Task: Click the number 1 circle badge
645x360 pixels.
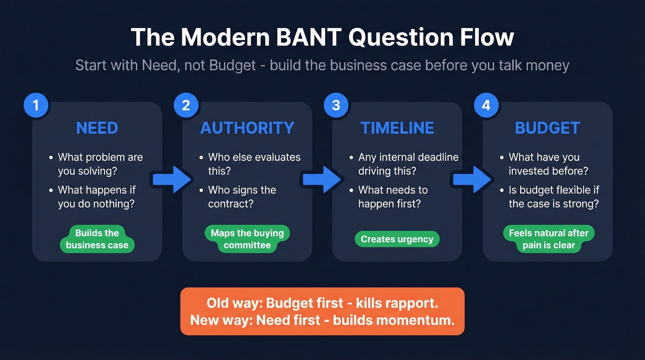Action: pos(36,106)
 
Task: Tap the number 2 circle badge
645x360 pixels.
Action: pos(186,106)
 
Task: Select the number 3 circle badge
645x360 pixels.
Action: pos(336,106)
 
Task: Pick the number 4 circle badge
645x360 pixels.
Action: pos(487,106)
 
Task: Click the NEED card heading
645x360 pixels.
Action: pos(97,128)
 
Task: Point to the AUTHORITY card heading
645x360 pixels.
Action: pos(247,128)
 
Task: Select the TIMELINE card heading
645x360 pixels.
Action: pos(397,128)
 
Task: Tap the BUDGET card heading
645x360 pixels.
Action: pos(547,128)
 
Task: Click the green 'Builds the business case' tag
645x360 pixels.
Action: pos(97,239)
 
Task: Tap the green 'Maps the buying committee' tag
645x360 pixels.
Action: pos(247,239)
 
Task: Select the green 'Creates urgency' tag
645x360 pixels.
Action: pos(397,239)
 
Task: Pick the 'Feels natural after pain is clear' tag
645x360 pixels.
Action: pos(548,239)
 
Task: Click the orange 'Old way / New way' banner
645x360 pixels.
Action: pos(322,311)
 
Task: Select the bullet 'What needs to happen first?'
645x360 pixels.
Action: pos(393,197)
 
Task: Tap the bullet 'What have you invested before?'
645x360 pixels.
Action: pos(544,164)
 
